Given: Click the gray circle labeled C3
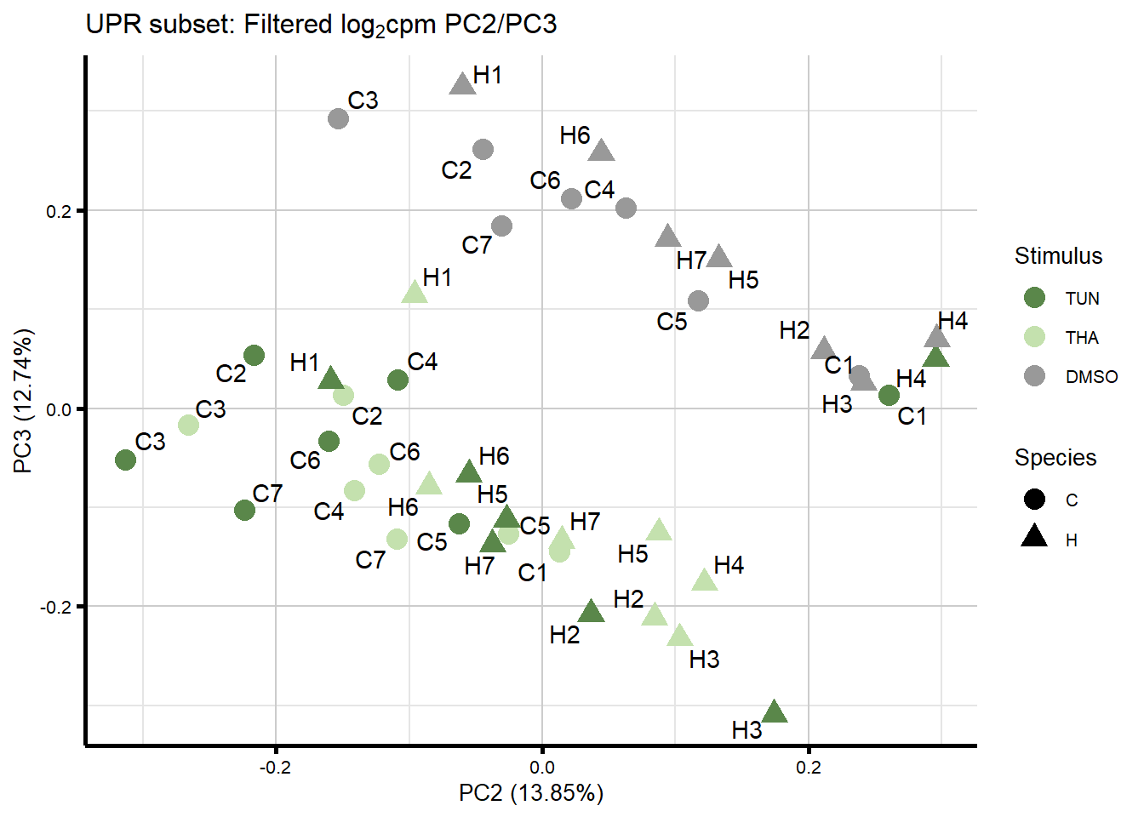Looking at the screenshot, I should pos(338,118).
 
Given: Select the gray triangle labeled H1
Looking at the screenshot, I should pos(462,83).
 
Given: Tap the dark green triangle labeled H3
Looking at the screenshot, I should pos(774,711).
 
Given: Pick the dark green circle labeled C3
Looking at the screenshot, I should pos(125,460).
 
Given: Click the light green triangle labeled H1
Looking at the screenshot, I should pos(415,293).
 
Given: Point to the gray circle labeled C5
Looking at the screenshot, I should pos(698,300).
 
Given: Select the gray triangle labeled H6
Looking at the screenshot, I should pos(602,151).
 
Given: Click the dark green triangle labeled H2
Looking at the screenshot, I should pos(591,611).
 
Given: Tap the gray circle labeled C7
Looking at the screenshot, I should pos(501,226).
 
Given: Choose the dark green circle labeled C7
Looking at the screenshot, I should pos(244,510).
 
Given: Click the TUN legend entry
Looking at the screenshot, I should pos(1034,298).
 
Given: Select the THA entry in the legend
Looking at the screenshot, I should pos(1034,337).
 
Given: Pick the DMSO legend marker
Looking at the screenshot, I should pos(1034,376).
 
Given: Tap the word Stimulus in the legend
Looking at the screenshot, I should pos(1058,256).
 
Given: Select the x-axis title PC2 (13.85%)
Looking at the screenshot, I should pos(531,794).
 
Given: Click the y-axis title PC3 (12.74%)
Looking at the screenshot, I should pos(24,400).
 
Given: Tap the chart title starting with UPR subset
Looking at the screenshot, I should pos(322,25).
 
